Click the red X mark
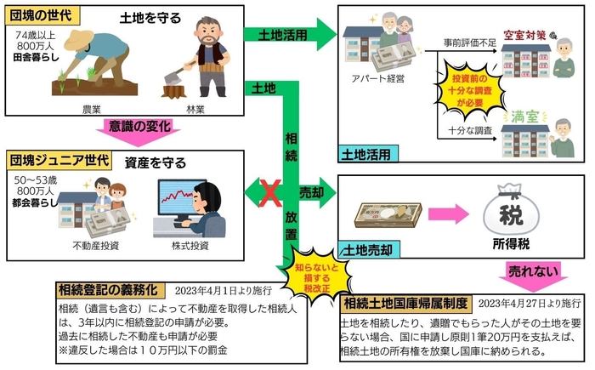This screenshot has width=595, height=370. point(269,193)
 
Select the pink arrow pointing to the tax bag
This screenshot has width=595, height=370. point(442,213)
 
